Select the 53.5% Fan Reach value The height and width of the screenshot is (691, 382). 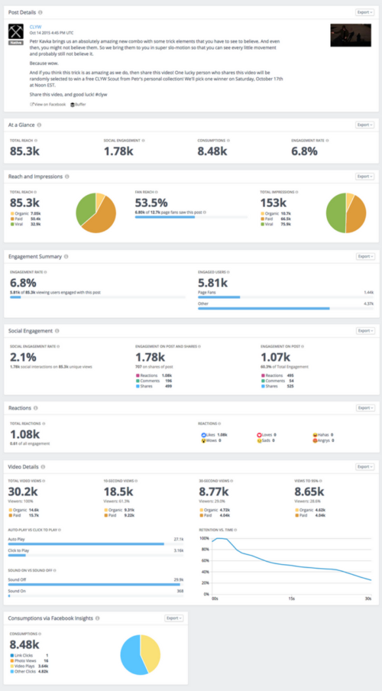[151, 203]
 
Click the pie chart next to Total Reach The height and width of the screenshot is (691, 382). [96, 212]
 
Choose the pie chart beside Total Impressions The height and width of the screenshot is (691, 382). [345, 212]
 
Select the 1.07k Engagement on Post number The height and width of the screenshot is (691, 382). [275, 357]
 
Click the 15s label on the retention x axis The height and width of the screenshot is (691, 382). [291, 599]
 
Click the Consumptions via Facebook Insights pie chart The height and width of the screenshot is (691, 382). [141, 654]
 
